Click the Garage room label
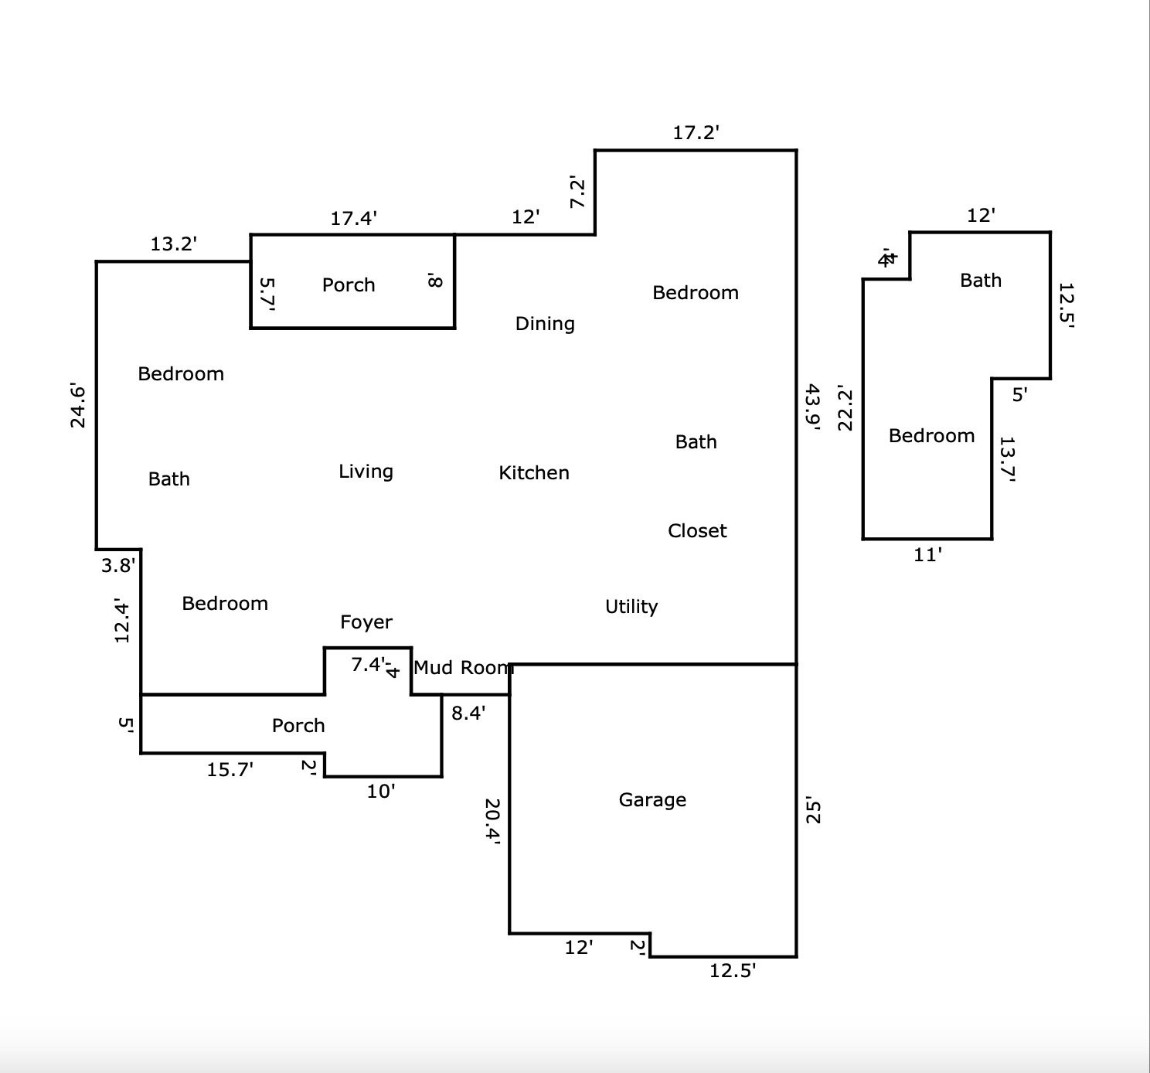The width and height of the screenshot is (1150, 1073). tap(652, 799)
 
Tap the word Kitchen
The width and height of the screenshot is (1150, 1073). tap(534, 472)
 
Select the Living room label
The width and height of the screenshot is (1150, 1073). tap(366, 471)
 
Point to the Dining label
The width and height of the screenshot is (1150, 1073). tap(545, 323)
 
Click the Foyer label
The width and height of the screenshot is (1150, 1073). tap(366, 622)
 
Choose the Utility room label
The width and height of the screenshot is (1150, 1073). tap(631, 606)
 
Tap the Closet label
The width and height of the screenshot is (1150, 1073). tap(697, 530)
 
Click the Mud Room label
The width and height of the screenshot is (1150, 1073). tap(463, 667)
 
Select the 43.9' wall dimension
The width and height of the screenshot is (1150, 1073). tap(812, 407)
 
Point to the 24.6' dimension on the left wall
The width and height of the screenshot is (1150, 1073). tap(78, 405)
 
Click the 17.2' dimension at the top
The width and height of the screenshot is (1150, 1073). tap(696, 132)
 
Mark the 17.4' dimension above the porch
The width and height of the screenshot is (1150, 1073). tap(353, 218)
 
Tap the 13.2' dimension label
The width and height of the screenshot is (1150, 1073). tap(173, 244)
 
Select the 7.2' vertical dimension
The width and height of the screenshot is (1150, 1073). tap(577, 192)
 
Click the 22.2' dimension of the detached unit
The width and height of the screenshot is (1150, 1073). tap(845, 408)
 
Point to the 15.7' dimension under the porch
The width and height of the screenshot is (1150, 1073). tap(230, 769)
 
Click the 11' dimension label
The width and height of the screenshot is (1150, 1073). tap(927, 554)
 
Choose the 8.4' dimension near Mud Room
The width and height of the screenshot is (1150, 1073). tap(468, 713)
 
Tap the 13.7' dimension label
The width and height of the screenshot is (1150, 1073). tap(1007, 459)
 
